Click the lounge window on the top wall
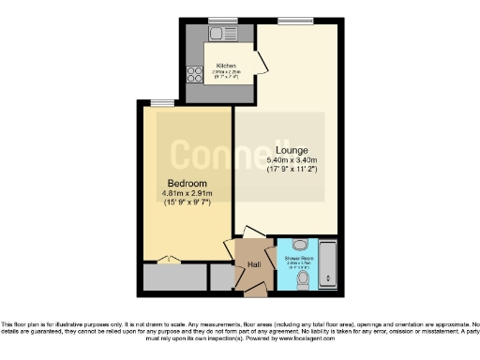pyautogui.click(x=299, y=21)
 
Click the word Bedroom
pyautogui.click(x=187, y=183)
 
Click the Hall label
pyautogui.click(x=253, y=265)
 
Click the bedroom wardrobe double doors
pyautogui.click(x=167, y=260)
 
